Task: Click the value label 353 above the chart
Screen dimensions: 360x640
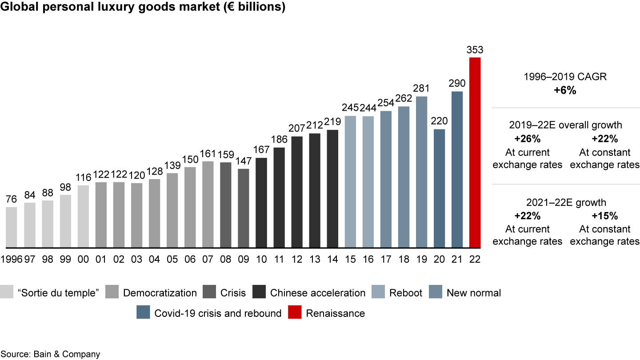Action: (475, 50)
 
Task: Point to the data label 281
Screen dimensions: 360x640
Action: (422, 89)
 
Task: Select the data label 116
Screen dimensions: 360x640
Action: (83, 178)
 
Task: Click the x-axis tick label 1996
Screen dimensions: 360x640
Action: (12, 260)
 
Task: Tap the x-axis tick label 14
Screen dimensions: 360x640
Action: (332, 260)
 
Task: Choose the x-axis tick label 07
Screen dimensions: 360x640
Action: (208, 260)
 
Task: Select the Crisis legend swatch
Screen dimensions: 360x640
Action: (208, 293)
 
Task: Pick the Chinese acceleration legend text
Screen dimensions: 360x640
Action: (318, 293)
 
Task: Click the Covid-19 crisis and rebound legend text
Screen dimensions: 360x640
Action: (218, 313)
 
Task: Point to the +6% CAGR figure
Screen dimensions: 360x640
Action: (565, 91)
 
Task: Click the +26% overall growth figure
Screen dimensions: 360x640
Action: (528, 140)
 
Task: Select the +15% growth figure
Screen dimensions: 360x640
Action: (605, 216)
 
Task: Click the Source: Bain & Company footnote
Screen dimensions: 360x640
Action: (50, 354)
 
